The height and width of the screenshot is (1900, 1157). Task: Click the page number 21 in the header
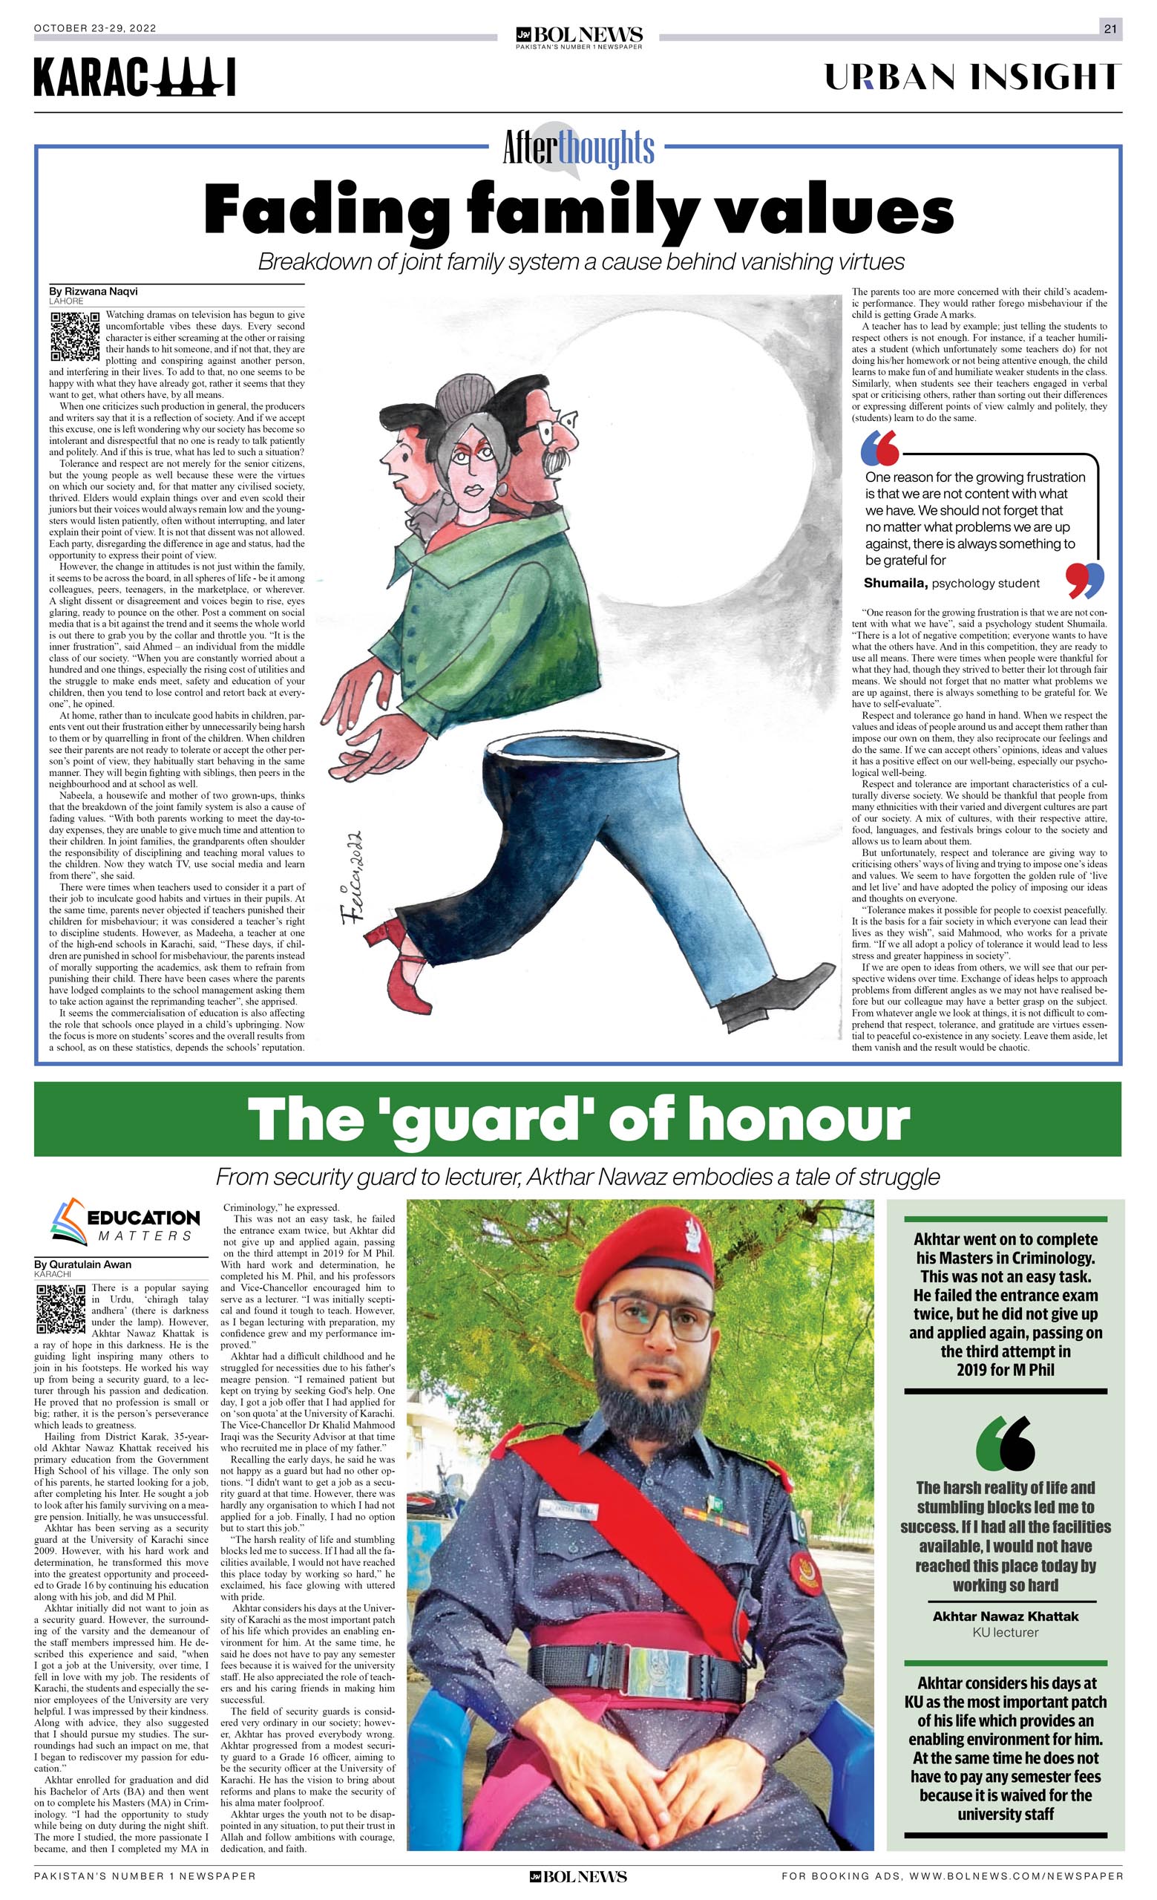coord(1110,28)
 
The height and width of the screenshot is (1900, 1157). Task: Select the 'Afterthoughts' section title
coord(578,147)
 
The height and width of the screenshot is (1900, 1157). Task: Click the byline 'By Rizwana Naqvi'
coord(94,292)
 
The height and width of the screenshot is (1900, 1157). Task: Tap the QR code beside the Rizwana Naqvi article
coord(75,337)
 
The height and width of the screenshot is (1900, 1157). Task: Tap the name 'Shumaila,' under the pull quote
coord(895,583)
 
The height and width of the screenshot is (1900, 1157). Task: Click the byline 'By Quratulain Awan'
coord(82,1264)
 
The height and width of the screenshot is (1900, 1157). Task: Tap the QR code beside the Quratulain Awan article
coord(61,1309)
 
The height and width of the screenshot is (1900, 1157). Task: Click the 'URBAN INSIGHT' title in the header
coord(972,78)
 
